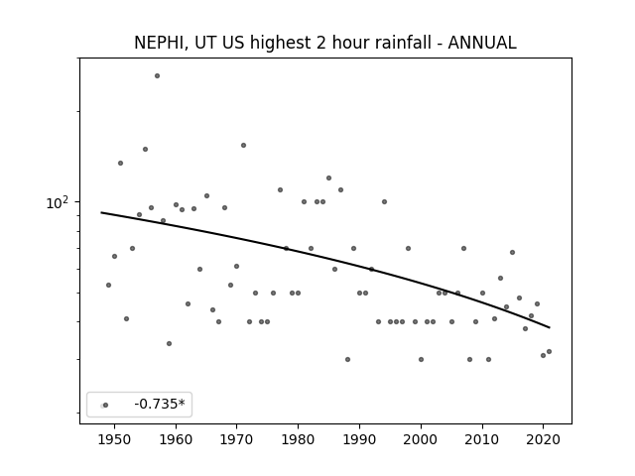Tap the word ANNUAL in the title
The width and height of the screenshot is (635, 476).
(x=482, y=43)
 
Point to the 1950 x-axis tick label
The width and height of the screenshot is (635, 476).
(x=115, y=439)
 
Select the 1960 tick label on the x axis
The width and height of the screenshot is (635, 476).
(x=176, y=439)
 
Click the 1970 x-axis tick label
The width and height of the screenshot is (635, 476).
(x=237, y=439)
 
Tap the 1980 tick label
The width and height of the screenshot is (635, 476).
(x=298, y=439)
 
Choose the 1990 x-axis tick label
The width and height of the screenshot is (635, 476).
(x=359, y=439)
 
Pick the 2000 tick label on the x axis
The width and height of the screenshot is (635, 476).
(x=421, y=439)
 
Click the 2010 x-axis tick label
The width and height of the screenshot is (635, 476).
(x=482, y=439)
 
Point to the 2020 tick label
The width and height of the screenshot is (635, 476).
(x=543, y=439)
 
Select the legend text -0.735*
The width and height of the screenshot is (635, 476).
(x=160, y=404)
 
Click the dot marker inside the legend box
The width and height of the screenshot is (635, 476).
(x=105, y=406)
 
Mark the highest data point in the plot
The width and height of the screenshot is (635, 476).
(x=157, y=75)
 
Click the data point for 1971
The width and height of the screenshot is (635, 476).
(x=243, y=146)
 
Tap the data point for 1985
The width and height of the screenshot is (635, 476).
(x=328, y=178)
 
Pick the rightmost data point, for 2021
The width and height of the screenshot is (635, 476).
(x=549, y=352)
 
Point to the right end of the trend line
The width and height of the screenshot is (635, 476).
(x=550, y=327)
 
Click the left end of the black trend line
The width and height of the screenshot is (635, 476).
(x=101, y=212)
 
